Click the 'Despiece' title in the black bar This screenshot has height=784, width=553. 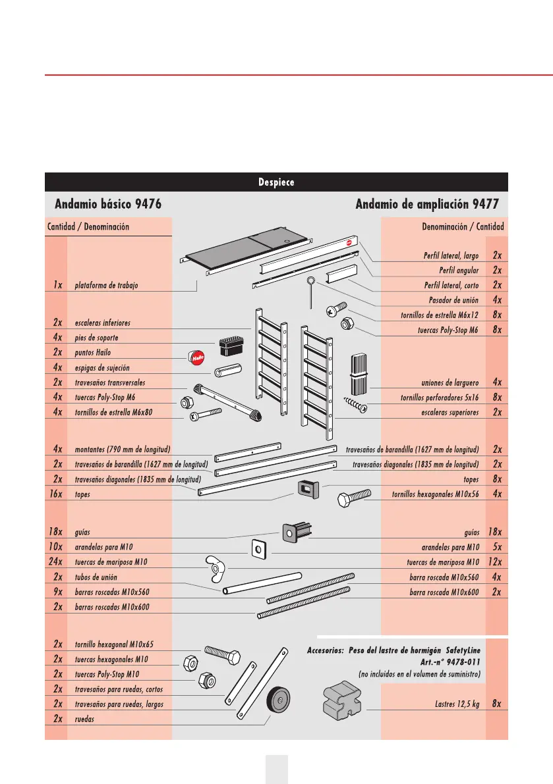click(276, 182)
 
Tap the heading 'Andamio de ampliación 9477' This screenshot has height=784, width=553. click(426, 204)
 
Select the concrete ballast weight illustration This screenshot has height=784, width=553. click(341, 702)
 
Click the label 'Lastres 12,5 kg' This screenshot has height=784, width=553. click(453, 703)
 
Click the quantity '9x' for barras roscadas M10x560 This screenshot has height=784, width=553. click(57, 592)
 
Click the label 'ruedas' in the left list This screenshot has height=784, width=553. click(84, 719)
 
